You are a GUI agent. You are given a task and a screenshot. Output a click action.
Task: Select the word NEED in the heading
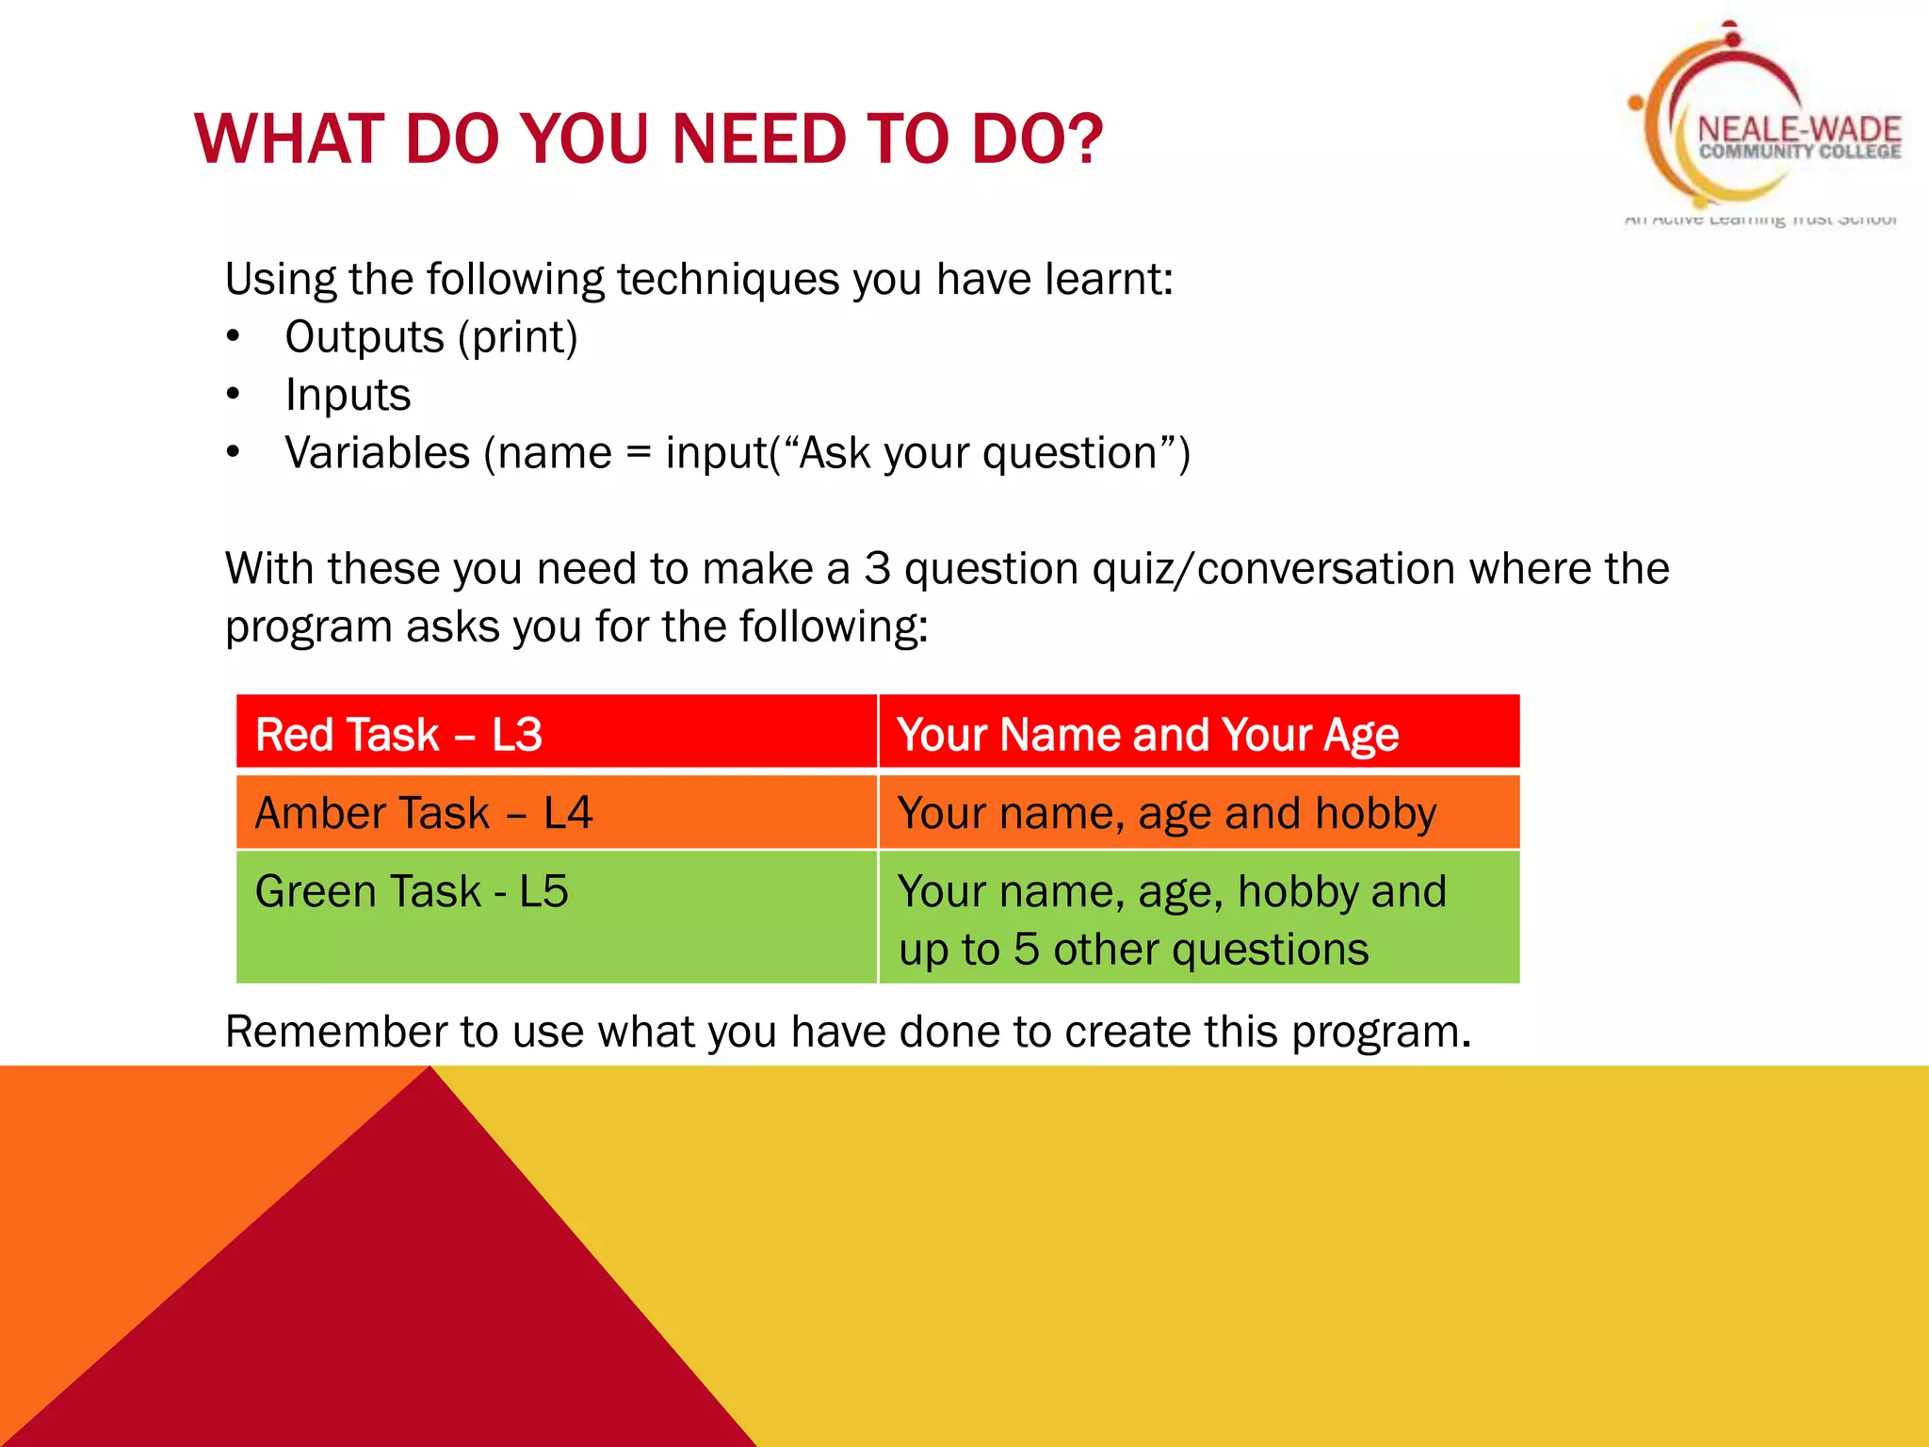coord(758,139)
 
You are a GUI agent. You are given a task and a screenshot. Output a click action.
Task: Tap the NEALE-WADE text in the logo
coord(1799,129)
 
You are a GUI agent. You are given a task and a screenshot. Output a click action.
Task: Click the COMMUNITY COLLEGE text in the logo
coord(1799,152)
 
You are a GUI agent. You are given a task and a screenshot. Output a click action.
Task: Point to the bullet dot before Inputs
coord(234,395)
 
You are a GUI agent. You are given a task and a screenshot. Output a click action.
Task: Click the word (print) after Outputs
coord(517,337)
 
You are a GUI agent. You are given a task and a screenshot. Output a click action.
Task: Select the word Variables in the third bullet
coord(377,453)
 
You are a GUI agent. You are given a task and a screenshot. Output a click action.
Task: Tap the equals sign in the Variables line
coord(638,454)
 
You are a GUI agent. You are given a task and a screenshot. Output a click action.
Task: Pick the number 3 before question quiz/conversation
coord(877,569)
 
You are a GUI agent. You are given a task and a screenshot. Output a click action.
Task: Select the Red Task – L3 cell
coord(556,734)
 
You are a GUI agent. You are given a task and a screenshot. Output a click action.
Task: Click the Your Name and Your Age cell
coord(1198,734)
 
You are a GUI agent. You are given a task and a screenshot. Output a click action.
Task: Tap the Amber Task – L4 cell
coord(556,812)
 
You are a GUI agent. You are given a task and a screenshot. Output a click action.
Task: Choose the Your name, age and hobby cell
coord(1198,812)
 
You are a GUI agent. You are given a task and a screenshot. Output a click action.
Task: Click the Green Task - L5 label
coord(412,891)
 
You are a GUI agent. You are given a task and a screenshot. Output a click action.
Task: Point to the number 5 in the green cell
coord(1026,950)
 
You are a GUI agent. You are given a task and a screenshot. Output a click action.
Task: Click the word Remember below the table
coord(335,1032)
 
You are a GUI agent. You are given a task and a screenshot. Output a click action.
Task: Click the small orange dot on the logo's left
coord(1636,102)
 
